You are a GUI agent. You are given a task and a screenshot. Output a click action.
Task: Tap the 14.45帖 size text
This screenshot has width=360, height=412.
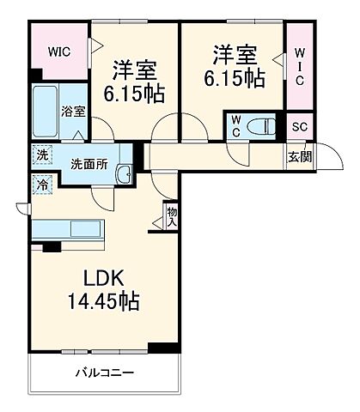click(x=106, y=302)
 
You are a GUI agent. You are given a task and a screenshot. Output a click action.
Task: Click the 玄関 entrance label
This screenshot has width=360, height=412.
click(x=300, y=156)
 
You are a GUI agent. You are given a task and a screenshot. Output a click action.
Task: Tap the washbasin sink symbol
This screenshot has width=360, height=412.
click(x=125, y=172)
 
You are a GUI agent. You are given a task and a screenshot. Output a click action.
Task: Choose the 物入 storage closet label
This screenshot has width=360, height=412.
click(x=172, y=215)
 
